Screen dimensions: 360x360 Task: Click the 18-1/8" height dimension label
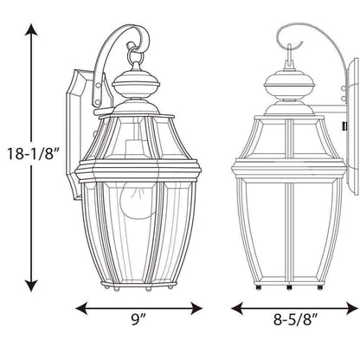33,154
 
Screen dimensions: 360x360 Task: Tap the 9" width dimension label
138,319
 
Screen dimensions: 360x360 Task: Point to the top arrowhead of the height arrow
31,30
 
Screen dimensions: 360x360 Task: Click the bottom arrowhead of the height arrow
31,286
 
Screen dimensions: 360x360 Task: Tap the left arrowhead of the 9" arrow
81,308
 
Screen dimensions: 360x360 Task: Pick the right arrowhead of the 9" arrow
196,308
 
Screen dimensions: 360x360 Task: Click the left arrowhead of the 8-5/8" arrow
237,308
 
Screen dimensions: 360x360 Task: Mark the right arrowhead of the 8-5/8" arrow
352,308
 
